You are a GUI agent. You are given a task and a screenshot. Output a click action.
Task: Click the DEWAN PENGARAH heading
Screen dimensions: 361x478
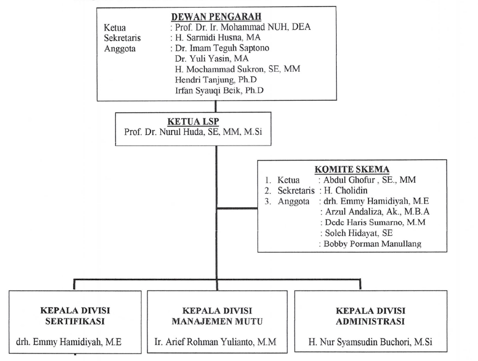pos(216,17)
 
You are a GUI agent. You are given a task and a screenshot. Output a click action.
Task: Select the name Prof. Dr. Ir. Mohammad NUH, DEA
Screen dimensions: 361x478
pos(243,27)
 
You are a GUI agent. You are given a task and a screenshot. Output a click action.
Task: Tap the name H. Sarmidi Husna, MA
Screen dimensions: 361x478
pos(218,38)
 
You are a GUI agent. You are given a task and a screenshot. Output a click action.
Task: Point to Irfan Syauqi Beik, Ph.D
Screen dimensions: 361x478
pos(219,91)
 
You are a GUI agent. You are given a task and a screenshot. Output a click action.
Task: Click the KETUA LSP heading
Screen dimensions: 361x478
pos(193,122)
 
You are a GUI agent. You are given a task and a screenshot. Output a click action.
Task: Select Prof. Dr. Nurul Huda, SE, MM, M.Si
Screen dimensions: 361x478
pos(193,132)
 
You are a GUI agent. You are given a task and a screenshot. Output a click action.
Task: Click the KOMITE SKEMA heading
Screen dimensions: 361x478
pos(352,170)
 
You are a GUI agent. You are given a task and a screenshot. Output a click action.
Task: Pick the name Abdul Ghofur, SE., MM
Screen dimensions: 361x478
pos(369,180)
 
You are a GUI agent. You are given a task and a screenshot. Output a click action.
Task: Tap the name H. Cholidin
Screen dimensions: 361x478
pos(345,191)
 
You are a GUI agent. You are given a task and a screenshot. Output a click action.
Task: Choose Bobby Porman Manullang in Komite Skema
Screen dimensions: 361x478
pos(372,244)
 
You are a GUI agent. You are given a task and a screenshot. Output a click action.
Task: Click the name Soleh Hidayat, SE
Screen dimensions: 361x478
pos(359,233)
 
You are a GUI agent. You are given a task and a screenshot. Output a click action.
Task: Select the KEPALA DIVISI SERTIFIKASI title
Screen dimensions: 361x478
pos(75,316)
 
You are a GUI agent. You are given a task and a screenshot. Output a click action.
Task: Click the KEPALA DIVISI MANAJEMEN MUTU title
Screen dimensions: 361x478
pos(217,316)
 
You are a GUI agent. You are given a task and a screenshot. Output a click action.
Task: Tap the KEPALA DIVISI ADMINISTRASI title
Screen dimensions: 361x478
pos(370,316)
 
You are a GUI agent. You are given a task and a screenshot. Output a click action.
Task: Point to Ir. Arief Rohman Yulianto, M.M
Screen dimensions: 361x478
pos(215,342)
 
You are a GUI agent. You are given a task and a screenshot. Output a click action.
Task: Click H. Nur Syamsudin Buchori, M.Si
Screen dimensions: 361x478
pos(370,342)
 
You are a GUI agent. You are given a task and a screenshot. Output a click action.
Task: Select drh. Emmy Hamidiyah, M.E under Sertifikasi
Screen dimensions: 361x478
pos(69,342)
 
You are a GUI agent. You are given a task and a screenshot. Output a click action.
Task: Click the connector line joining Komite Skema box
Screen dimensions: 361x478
pos(237,208)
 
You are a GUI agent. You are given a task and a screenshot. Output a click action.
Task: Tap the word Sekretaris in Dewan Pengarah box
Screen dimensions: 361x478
pos(122,38)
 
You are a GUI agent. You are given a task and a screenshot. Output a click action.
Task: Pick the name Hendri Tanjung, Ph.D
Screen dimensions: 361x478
pos(216,80)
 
